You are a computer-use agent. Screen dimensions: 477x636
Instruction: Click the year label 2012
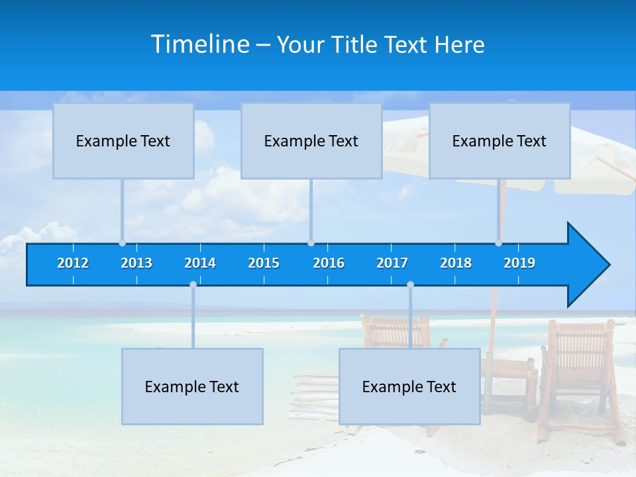pos(73,263)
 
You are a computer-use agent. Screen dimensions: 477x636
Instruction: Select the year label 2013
pos(136,263)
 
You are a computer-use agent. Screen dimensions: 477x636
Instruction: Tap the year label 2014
pos(200,263)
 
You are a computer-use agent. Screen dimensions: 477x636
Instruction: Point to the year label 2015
pos(264,263)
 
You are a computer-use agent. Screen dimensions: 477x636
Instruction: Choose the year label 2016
pos(329,263)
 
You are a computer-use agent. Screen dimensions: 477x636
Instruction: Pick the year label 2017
pos(392,263)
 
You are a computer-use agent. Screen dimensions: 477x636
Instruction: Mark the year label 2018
pos(456,263)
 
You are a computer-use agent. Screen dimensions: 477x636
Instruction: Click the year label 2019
pos(519,263)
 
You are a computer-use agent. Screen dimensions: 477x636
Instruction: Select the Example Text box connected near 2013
pos(123,141)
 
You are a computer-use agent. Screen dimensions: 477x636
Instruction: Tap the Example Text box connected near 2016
pos(311,141)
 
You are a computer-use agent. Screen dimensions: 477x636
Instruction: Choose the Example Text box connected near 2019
pos(499,141)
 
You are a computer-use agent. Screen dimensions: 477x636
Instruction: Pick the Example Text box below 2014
pos(192,387)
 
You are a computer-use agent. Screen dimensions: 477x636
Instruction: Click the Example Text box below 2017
pos(409,387)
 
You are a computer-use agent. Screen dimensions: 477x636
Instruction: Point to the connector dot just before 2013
pos(122,243)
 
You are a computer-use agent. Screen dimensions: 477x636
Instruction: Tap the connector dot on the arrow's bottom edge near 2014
pos(193,285)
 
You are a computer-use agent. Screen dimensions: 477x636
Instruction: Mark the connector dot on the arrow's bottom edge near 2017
pos(410,285)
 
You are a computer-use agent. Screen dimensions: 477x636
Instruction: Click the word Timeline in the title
pos(200,44)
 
